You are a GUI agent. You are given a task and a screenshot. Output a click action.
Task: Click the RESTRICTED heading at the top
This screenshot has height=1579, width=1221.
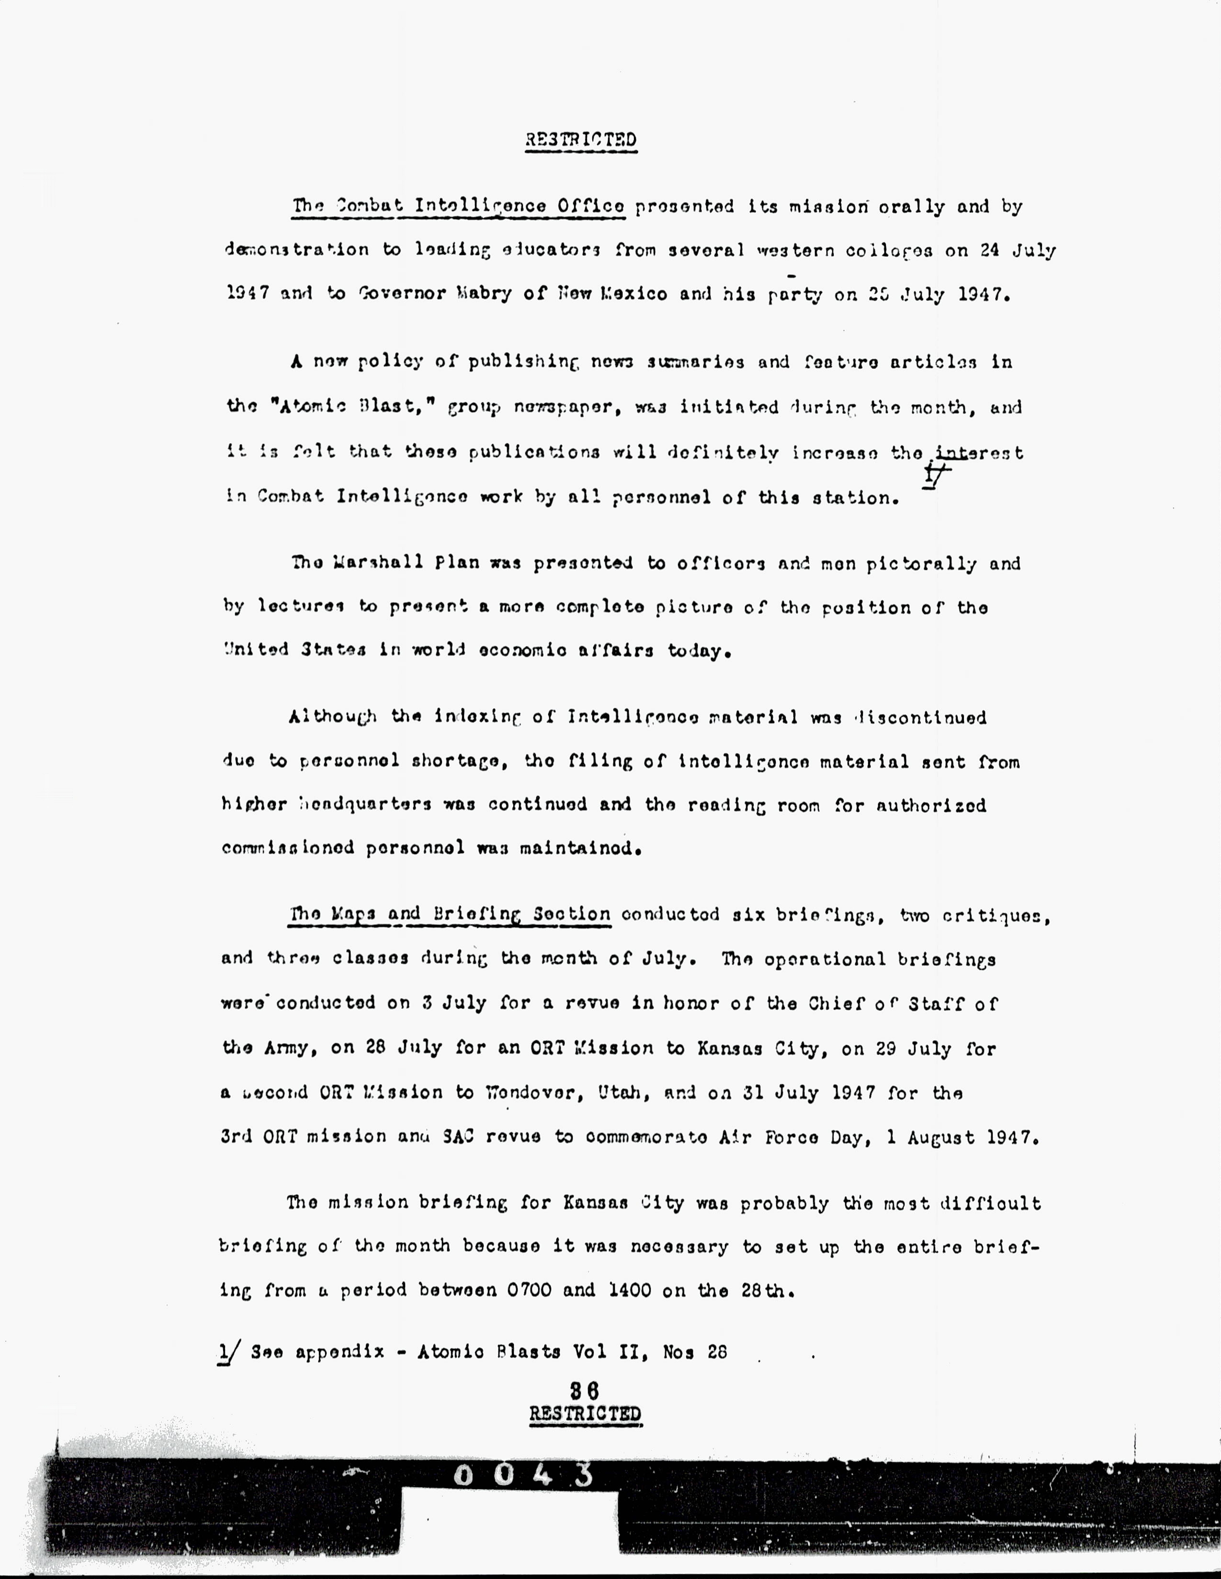click(x=581, y=140)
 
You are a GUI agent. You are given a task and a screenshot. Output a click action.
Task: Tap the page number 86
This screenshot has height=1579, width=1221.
click(x=585, y=1390)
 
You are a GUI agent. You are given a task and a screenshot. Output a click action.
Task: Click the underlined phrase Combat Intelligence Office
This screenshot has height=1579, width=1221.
click(x=459, y=207)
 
